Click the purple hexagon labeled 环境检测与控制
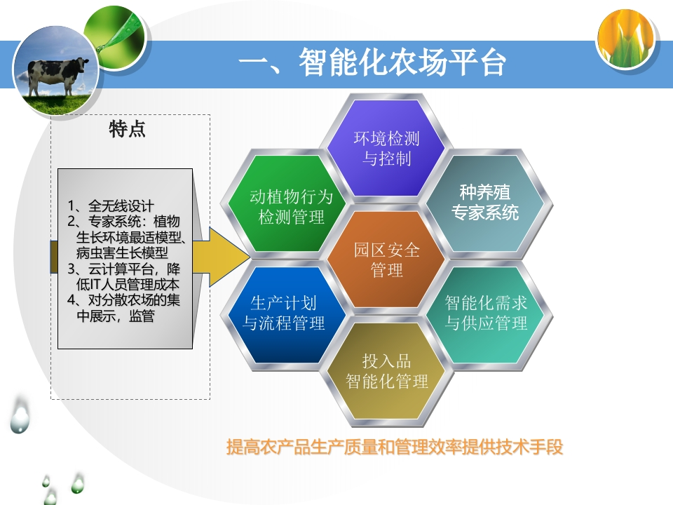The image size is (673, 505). point(387,148)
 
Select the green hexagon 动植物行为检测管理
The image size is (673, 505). point(286,203)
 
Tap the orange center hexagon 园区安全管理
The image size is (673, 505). point(387,260)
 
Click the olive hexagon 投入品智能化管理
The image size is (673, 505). point(387,371)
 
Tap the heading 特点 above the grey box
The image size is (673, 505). point(128,129)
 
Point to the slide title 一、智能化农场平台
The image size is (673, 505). point(372,63)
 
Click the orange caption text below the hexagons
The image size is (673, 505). point(395,447)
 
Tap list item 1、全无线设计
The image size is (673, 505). point(111,206)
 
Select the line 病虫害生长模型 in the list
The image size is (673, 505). point(122,252)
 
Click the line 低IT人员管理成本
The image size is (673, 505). point(128,284)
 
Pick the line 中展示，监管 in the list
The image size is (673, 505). point(116,316)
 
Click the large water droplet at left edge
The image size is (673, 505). point(20,415)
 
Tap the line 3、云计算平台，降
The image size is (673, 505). point(124,269)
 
